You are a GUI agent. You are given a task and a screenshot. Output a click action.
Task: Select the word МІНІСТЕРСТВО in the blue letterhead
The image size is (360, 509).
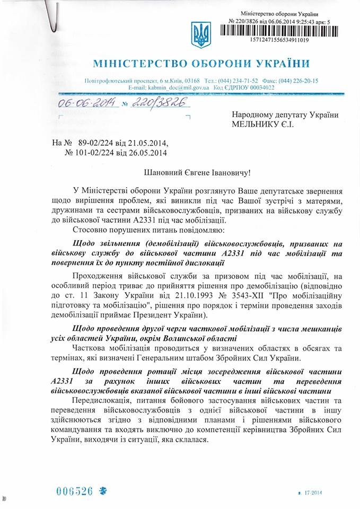point(136,65)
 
